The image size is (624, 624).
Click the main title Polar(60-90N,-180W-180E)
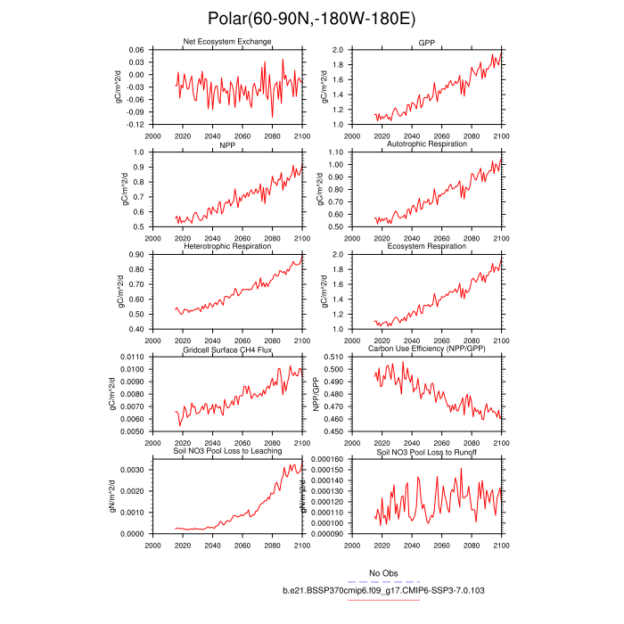(311, 18)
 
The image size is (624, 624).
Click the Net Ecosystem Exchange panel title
(227, 42)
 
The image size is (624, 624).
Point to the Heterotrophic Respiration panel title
(227, 246)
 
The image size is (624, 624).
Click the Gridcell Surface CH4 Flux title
(227, 350)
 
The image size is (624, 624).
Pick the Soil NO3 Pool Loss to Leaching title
(227, 454)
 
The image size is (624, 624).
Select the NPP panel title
(227, 144)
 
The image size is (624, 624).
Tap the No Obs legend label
(383, 572)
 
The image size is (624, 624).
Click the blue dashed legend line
(383, 581)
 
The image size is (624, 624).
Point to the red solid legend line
(383, 600)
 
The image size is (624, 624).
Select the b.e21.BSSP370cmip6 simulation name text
(383, 590)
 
